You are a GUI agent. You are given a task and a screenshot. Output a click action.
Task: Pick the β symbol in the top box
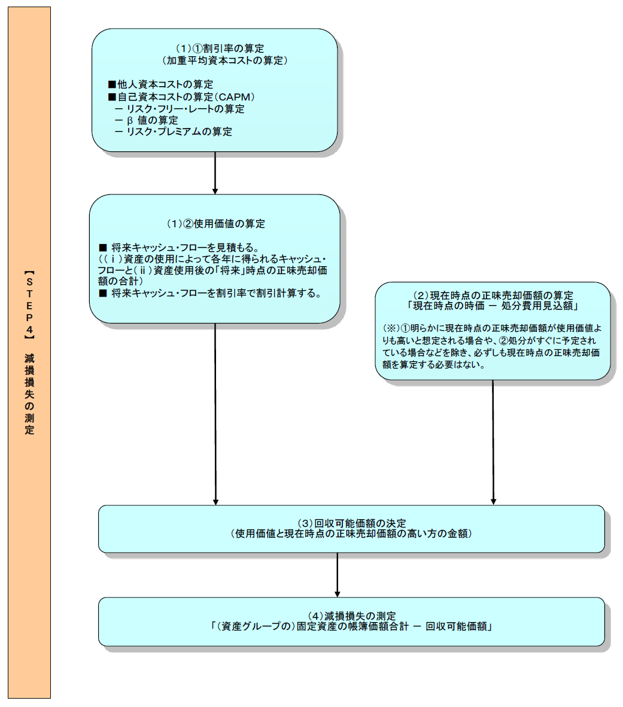point(129,120)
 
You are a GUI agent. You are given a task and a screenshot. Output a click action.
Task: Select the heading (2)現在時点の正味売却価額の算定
point(493,295)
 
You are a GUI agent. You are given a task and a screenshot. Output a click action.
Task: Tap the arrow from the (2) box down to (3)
point(493,443)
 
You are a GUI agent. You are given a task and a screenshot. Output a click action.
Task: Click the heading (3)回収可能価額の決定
point(352,523)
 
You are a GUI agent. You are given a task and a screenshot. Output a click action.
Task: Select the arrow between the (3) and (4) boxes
point(338,574)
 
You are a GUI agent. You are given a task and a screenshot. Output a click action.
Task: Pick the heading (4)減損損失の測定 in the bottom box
point(352,615)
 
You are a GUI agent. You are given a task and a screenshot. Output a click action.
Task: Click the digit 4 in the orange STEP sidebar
point(29,328)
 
